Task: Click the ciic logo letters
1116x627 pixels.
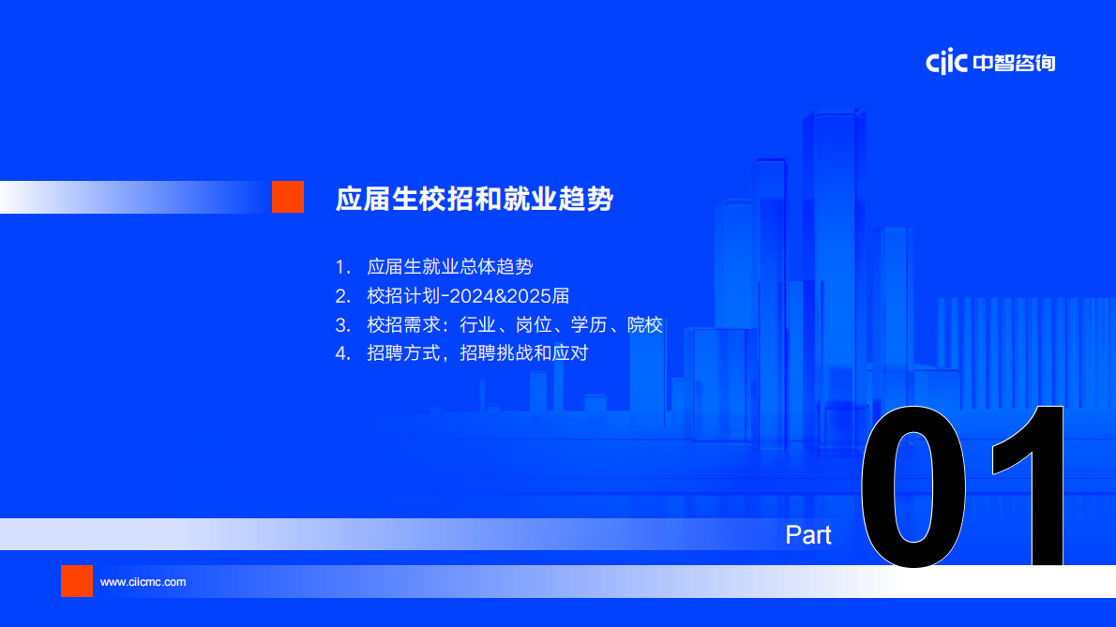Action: pyautogui.click(x=946, y=63)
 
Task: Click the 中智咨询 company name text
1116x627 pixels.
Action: pyautogui.click(x=1014, y=63)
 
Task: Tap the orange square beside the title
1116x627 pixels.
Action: pyautogui.click(x=288, y=197)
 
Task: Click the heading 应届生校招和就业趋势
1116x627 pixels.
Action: pyautogui.click(x=475, y=200)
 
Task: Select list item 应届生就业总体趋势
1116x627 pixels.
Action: pyautogui.click(x=450, y=266)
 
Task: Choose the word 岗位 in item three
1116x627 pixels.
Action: pyautogui.click(x=534, y=325)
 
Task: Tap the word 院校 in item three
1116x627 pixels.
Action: pyautogui.click(x=645, y=325)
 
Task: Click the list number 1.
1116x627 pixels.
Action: pyautogui.click(x=341, y=266)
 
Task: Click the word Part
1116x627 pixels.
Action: pyautogui.click(x=808, y=535)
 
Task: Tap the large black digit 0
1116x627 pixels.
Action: pyautogui.click(x=913, y=485)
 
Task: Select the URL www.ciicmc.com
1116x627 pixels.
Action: pyautogui.click(x=143, y=582)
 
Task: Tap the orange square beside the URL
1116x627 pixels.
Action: pyautogui.click(x=77, y=581)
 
